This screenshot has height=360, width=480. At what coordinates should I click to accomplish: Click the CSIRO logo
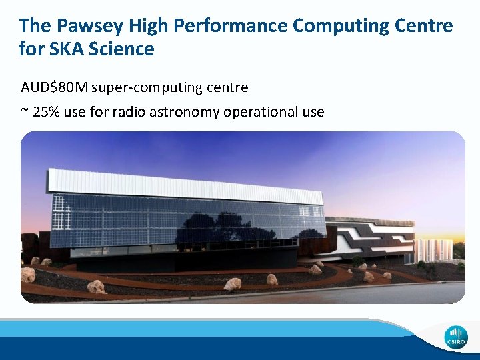coord(457,335)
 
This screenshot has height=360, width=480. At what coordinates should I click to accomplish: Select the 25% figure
coord(47,111)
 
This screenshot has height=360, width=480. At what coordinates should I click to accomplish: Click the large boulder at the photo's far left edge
coord(28,275)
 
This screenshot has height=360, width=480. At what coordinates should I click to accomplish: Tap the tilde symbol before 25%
coord(25,111)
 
